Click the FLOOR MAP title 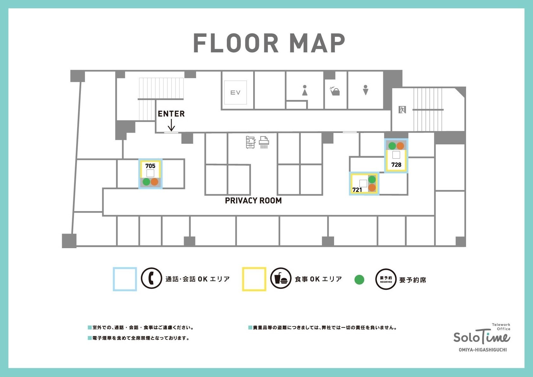269,43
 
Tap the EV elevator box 235,92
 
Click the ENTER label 171,114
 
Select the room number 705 150,166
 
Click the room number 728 396,165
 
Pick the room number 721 357,190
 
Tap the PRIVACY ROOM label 253,201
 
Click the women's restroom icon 305,90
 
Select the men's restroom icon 365,90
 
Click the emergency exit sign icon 402,110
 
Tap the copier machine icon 251,142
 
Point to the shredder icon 264,142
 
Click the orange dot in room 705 155,182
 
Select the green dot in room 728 392,146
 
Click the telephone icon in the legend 151,278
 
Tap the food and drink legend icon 280,278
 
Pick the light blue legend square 125,279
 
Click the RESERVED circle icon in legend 386,279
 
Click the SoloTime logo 482,337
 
